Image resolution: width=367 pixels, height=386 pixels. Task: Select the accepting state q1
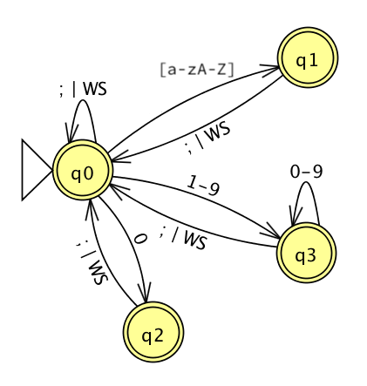click(307, 59)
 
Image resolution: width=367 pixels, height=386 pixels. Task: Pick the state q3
click(306, 254)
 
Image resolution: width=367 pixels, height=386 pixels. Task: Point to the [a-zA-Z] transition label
click(197, 69)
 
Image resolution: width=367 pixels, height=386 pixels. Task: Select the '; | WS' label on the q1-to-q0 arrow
click(207, 139)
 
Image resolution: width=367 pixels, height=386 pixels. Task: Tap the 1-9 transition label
click(203, 186)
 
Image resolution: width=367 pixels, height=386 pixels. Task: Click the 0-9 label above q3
click(306, 172)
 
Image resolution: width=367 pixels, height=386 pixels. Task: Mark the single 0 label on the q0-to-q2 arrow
click(139, 239)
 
